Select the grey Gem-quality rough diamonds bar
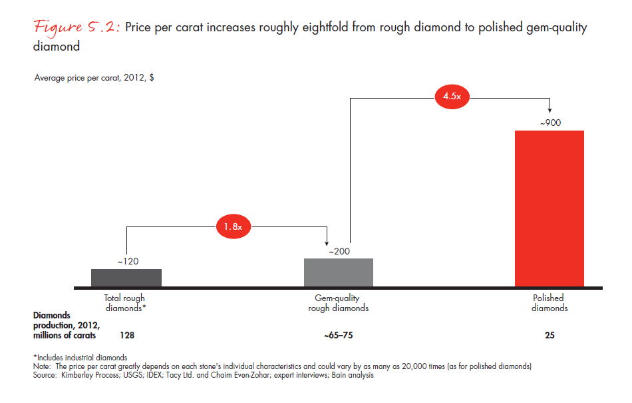(x=338, y=272)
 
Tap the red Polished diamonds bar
(x=549, y=208)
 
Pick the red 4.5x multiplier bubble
(x=452, y=97)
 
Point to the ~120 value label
(x=128, y=262)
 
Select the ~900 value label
(x=549, y=123)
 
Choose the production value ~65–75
(x=338, y=335)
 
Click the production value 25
(x=549, y=335)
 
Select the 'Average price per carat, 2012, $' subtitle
(x=95, y=78)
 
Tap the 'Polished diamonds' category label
(x=549, y=303)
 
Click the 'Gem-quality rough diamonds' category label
(x=338, y=303)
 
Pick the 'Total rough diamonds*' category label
(x=124, y=303)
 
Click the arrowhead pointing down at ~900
(x=549, y=110)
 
